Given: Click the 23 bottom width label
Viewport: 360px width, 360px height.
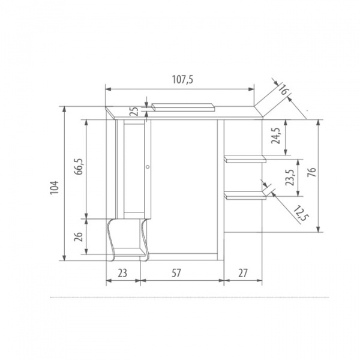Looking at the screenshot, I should click(x=122, y=272).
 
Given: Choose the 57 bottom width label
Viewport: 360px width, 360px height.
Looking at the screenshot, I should click(x=176, y=272).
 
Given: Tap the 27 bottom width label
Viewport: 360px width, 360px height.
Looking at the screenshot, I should click(x=243, y=272).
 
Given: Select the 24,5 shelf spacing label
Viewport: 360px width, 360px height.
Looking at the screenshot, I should click(x=275, y=137).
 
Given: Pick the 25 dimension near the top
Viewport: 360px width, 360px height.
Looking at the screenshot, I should click(x=134, y=112).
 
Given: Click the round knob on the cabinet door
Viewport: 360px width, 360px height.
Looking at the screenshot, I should click(x=147, y=167).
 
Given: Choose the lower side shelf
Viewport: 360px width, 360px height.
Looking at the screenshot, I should click(x=245, y=194).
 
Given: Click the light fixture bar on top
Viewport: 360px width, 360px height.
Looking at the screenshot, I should click(x=184, y=107).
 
